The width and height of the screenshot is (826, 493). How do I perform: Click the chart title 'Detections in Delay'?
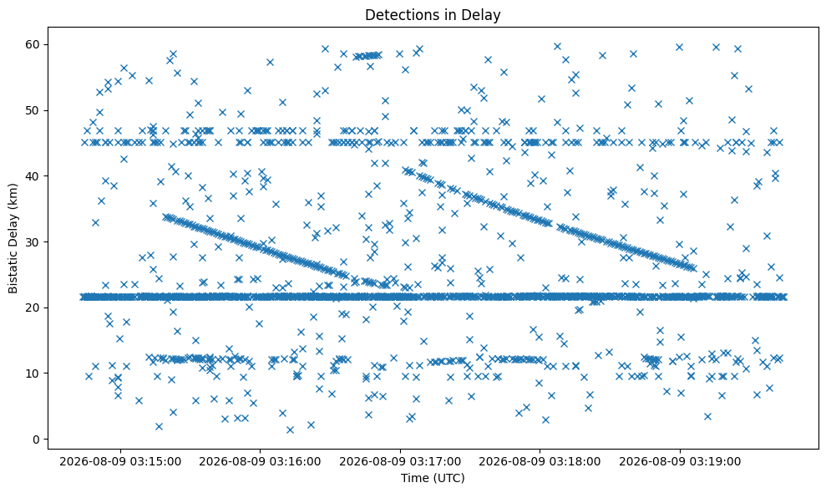click(433, 15)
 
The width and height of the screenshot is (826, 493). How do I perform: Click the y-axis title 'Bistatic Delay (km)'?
click(13, 238)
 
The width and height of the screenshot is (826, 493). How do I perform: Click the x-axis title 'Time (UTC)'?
click(433, 478)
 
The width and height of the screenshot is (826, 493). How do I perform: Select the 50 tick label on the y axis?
click(33, 110)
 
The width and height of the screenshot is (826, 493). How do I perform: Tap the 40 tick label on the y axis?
click(33, 176)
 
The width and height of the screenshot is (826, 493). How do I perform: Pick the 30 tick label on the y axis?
click(33, 242)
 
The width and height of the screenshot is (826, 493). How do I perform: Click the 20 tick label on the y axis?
click(33, 307)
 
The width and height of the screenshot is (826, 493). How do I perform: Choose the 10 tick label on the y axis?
click(33, 374)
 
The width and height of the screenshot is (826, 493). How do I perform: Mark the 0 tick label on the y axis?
click(37, 440)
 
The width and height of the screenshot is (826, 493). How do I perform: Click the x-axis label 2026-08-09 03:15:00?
click(120, 462)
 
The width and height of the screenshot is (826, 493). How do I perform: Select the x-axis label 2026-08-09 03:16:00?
click(261, 462)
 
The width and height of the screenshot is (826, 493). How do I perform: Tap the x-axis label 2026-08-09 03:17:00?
click(400, 462)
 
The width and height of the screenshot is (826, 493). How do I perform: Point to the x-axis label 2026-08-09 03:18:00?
click(540, 462)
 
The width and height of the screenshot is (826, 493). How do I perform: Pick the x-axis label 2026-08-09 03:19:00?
click(680, 462)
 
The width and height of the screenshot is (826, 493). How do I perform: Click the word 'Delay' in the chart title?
click(483, 15)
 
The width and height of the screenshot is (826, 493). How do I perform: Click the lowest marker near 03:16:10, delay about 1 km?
click(290, 429)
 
